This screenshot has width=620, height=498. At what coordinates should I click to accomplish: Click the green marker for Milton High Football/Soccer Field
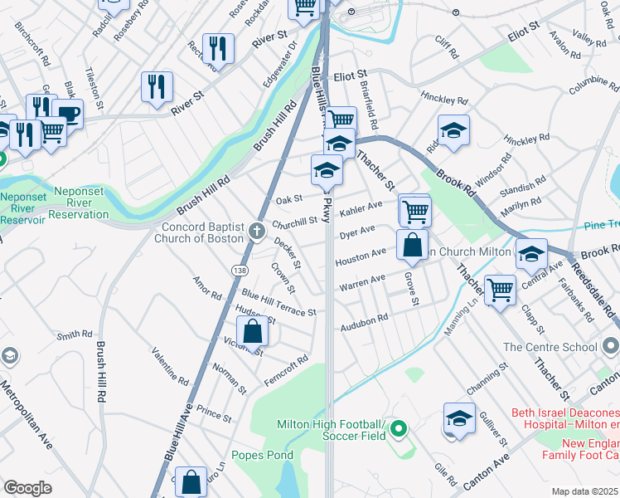(400, 429)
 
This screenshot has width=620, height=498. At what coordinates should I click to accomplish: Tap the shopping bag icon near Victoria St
(254, 331)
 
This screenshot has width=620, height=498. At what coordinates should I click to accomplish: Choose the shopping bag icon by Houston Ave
(412, 245)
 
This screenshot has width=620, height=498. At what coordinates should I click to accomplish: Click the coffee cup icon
(67, 114)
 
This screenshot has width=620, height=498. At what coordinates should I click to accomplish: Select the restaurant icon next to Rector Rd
(218, 47)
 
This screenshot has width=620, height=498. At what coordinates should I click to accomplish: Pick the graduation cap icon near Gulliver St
(459, 418)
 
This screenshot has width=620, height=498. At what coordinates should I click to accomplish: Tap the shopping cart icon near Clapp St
(501, 290)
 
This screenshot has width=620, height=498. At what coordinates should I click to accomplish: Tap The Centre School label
(549, 348)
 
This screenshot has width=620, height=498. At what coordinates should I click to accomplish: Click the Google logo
(27, 488)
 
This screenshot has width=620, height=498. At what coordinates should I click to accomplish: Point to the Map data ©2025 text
(585, 491)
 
